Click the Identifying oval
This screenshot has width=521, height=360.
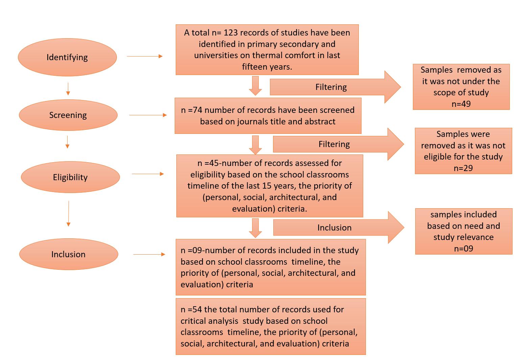point(67,57)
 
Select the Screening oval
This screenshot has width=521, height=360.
point(68,115)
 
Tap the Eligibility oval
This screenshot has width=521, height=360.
point(70,177)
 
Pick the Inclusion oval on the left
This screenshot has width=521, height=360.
point(68,254)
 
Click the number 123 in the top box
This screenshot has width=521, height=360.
point(231,33)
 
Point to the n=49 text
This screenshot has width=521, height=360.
point(461,104)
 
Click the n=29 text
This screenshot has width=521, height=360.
point(463,168)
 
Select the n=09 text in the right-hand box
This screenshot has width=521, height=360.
point(463,248)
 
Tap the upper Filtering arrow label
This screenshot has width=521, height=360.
point(331,87)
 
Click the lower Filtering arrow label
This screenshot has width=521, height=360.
point(334,144)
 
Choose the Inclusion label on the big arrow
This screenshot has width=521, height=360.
point(334,228)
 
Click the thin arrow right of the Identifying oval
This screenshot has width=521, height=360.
point(145,56)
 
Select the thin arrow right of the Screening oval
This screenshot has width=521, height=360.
point(148,115)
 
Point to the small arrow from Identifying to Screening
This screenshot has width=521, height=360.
point(68,89)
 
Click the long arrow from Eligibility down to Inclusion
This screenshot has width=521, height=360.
point(69,213)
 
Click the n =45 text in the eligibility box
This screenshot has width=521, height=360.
point(207,163)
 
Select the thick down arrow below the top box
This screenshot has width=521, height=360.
point(255,86)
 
